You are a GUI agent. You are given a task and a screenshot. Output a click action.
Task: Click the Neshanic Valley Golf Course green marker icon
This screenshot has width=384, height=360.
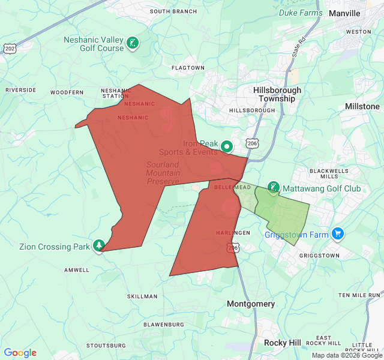133,43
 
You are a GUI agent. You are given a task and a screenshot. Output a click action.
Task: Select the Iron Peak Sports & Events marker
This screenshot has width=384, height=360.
227,146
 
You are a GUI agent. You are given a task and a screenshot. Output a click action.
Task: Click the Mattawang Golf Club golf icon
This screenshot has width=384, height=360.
273,188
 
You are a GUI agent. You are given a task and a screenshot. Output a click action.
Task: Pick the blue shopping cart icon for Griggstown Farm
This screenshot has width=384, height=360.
338,234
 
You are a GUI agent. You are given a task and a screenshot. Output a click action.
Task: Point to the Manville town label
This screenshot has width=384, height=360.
344,13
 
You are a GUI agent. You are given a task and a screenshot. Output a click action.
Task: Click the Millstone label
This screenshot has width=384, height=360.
362,106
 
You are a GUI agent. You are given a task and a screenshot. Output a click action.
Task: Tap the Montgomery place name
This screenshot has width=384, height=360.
251,304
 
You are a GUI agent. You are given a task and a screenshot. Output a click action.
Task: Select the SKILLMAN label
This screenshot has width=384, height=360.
142,296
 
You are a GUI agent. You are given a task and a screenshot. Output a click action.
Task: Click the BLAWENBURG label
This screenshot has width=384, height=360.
164,324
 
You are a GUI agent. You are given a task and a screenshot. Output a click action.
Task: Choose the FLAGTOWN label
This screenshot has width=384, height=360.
188,68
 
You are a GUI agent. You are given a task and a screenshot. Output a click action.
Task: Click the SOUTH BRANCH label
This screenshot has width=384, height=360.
173,11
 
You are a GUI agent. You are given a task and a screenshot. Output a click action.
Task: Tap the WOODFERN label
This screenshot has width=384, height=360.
67,92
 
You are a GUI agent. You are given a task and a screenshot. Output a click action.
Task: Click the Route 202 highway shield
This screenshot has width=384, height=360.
8,48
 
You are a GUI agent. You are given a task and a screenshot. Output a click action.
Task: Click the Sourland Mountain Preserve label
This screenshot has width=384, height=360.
163,173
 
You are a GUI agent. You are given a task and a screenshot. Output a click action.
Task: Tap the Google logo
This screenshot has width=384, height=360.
20,353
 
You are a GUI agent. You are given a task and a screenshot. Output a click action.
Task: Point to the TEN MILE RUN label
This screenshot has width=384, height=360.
359,295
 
